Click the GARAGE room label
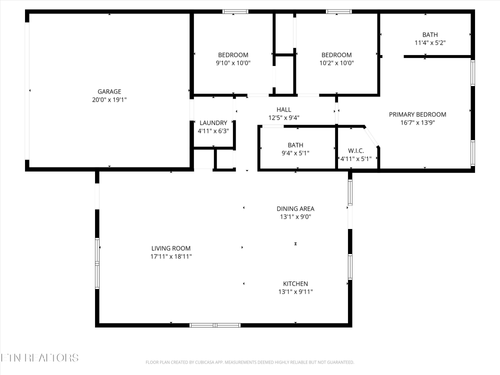pyautogui.click(x=108, y=91)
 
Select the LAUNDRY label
pyautogui.click(x=213, y=122)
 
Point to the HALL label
pyautogui.click(x=284, y=109)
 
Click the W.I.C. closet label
pyautogui.click(x=355, y=150)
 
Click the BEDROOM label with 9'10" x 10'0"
pyautogui.click(x=233, y=54)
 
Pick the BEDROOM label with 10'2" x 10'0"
pyautogui.click(x=336, y=54)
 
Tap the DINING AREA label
pyautogui.click(x=295, y=208)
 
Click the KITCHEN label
pyautogui.click(x=295, y=284)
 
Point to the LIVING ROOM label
pyautogui.click(x=171, y=248)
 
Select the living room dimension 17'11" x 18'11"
pyautogui.click(x=171, y=257)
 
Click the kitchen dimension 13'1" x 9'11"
pyautogui.click(x=295, y=293)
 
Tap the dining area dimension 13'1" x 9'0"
pyautogui.click(x=295, y=217)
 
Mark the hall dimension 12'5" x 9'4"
pyautogui.click(x=284, y=118)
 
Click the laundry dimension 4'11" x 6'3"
pyautogui.click(x=213, y=131)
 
